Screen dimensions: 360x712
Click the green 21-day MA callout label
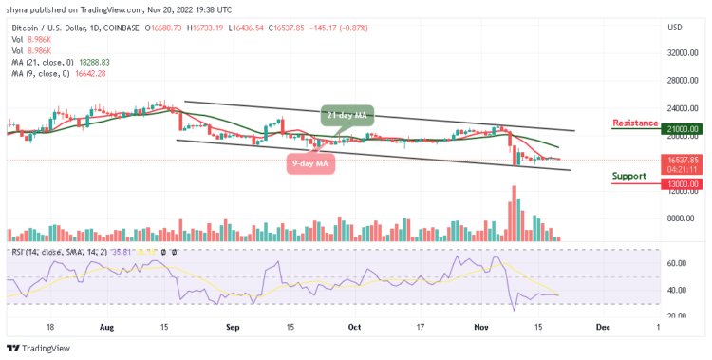(x=347, y=115)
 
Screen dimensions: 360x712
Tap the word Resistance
(x=636, y=123)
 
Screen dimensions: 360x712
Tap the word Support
(x=628, y=176)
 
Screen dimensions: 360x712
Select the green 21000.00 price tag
(x=682, y=129)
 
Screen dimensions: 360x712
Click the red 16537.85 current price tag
(x=682, y=161)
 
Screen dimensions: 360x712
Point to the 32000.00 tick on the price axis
(x=682, y=53)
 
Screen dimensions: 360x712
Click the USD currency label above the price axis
(x=676, y=28)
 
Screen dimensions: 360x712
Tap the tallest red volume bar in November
(x=515, y=213)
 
